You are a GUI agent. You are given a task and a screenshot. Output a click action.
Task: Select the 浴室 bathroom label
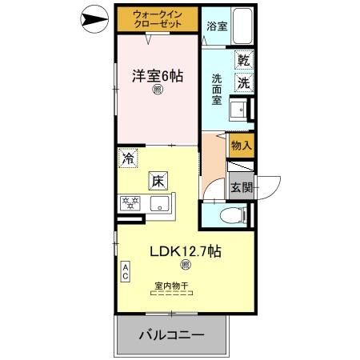click(216, 26)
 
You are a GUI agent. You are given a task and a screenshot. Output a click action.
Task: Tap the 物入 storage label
click(241, 146)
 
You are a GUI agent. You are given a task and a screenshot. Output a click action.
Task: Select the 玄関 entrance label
click(242, 188)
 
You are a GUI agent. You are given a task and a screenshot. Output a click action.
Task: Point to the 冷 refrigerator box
click(128, 158)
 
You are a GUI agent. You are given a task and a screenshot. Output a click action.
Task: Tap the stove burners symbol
click(130, 203)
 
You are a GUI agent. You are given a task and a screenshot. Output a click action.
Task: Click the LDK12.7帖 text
click(186, 251)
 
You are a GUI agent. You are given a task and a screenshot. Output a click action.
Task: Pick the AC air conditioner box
click(126, 270)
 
